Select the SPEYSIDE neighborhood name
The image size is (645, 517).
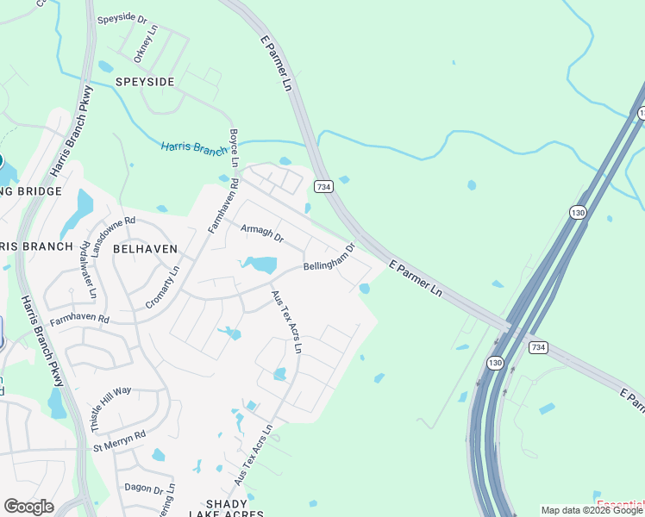145,82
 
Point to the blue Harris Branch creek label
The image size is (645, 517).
194,148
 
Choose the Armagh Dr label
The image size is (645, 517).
261,231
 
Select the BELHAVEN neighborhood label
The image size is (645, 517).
145,248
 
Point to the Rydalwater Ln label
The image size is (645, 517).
89,269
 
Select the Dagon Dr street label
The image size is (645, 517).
143,489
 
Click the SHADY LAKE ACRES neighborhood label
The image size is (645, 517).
228,508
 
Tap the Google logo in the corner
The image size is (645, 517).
28,507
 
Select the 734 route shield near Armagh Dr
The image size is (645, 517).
323,186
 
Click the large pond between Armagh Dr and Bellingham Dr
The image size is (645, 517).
260,264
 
